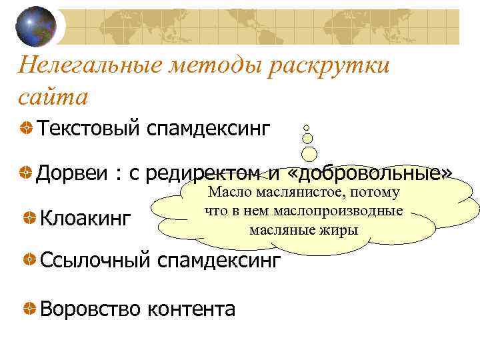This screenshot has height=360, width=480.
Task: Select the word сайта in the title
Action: (x=53, y=97)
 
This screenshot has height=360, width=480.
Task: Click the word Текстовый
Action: (x=89, y=127)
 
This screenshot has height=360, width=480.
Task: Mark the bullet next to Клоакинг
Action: (x=29, y=217)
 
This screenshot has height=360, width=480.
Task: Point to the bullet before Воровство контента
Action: (x=29, y=309)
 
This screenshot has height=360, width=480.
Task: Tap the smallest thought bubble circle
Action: (x=306, y=127)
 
